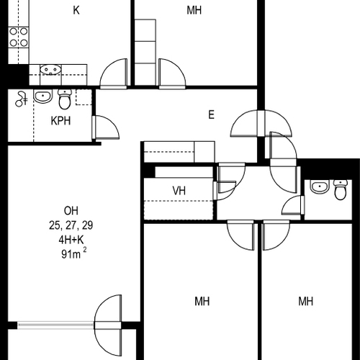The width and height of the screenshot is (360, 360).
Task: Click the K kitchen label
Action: point(76,10)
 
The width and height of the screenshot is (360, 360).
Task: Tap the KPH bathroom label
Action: point(60,121)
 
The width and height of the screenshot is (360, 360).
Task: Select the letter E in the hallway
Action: point(211,114)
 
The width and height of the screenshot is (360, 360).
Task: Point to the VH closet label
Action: point(179,191)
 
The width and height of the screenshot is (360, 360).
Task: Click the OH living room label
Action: point(71,211)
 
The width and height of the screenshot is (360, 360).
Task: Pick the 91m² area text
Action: point(73,253)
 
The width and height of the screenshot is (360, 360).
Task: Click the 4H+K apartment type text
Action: point(71,240)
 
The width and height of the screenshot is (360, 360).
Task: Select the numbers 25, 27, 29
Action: point(71,225)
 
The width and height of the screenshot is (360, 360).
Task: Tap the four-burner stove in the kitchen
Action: point(19,37)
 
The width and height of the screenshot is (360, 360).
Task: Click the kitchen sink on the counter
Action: point(50,70)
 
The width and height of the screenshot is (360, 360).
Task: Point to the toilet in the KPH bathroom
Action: point(65,99)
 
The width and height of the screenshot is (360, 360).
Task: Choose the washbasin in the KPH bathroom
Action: point(43,96)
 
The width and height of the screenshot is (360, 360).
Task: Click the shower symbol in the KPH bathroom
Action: point(21,99)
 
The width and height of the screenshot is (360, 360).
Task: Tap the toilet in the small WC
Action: point(341,189)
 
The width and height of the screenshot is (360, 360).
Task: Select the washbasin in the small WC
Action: point(320,186)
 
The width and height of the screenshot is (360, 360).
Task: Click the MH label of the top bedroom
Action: point(194,10)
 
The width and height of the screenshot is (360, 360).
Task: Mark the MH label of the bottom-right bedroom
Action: point(306,301)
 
